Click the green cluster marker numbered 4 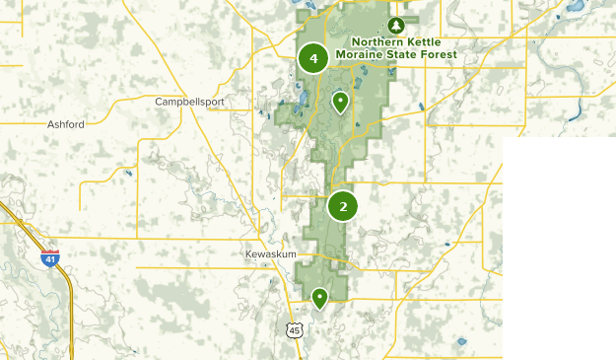[313, 59]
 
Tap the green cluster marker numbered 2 [342, 205]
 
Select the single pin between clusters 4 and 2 [340, 101]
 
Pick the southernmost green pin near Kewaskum [319, 297]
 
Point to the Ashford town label [66, 124]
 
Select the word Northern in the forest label [372, 41]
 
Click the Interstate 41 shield [49, 258]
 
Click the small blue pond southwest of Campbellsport [128, 174]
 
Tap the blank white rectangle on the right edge [559, 247]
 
